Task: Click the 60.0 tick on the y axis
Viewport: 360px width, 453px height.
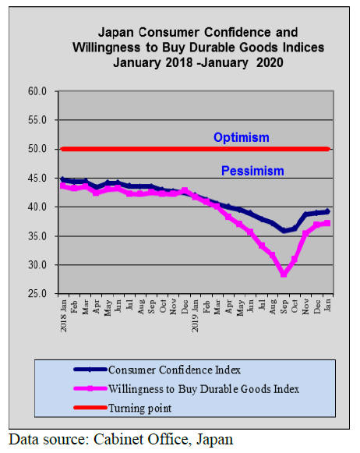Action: point(37,91)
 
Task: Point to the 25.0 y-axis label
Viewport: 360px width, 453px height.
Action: point(37,294)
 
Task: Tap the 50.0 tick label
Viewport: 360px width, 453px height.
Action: point(37,149)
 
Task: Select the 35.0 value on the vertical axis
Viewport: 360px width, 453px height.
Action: point(37,236)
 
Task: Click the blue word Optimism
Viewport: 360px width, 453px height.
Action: point(242,138)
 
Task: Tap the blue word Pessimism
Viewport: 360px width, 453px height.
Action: point(252,171)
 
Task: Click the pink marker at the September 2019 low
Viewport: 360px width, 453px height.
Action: point(284,274)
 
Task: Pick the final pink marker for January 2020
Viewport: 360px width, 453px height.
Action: point(327,223)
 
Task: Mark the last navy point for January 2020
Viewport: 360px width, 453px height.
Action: point(327,211)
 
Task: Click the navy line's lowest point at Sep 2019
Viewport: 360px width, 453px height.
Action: point(284,231)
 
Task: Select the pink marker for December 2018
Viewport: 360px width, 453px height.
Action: point(185,191)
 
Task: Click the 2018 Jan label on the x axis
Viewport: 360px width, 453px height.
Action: point(64,316)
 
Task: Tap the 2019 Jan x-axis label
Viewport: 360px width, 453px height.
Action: point(196,316)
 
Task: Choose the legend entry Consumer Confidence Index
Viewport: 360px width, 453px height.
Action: point(175,370)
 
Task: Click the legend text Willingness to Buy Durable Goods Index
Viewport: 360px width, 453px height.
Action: point(204,389)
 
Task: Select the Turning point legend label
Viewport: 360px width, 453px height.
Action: point(140,409)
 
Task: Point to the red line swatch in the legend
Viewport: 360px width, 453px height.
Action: point(90,408)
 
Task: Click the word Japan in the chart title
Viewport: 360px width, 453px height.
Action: point(116,33)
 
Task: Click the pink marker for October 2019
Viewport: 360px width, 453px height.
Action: point(295,260)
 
